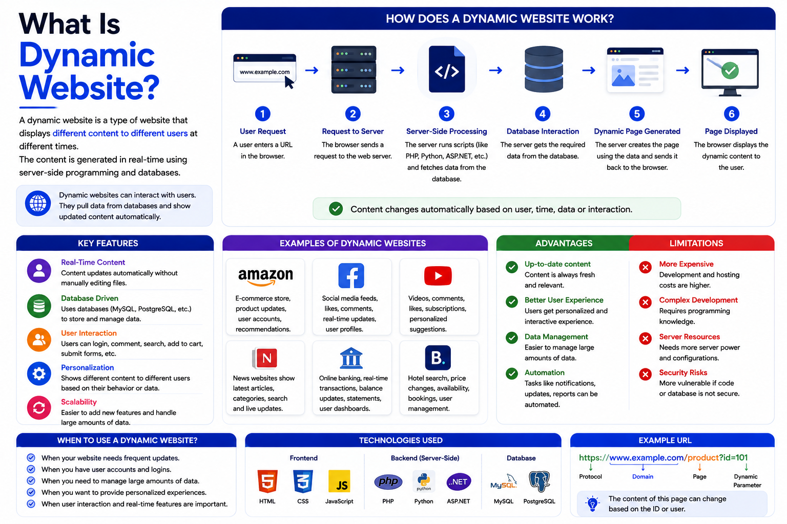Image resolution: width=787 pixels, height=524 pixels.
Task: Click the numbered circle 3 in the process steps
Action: coord(447,114)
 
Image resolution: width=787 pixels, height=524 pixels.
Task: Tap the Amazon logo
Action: coord(265,277)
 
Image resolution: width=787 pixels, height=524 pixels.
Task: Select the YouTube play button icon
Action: coord(438,275)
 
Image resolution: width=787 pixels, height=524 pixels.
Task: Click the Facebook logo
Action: coord(351,275)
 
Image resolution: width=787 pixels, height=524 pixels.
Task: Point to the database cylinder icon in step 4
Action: coord(544,69)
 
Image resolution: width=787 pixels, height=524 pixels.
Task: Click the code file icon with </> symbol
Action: coord(447,69)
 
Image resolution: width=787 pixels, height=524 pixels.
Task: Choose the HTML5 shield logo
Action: coord(267,481)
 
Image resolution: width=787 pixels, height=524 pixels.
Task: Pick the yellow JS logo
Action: coord(339,481)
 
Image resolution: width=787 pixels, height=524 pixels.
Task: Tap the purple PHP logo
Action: coord(388,481)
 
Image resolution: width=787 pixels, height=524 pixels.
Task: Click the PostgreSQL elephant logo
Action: coord(539,481)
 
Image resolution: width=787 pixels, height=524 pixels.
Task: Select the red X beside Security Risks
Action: coord(646,374)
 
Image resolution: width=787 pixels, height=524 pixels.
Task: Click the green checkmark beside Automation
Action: coord(512,374)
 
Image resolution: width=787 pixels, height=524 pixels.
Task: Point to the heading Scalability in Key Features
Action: coord(79,402)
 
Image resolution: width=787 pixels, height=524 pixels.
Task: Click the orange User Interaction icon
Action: coord(39,340)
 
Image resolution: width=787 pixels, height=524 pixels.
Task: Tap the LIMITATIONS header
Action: coord(696,243)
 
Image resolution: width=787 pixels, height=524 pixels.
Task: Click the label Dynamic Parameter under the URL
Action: coord(747,481)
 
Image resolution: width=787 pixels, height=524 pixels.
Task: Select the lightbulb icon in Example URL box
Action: coord(593,504)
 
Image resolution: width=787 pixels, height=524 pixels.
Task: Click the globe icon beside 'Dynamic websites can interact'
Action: coord(38,203)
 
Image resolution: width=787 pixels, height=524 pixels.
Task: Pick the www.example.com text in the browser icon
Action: coord(264,72)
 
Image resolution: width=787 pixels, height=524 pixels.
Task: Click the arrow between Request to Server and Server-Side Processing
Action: coord(398,71)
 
